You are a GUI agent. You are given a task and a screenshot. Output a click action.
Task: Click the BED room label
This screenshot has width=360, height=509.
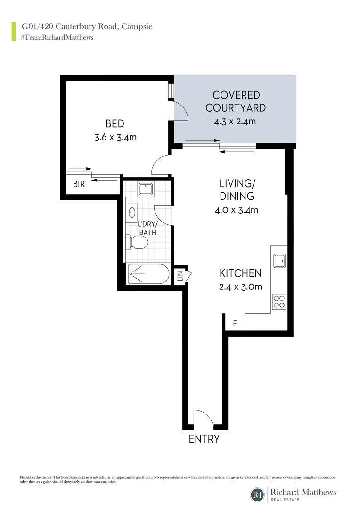tap(115, 124)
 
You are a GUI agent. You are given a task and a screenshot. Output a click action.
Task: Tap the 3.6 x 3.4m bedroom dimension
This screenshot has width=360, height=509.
tap(115, 138)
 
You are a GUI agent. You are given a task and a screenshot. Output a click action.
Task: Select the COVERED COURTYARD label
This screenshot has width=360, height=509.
tap(235, 101)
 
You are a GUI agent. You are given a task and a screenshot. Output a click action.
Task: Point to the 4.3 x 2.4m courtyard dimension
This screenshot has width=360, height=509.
tap(235, 122)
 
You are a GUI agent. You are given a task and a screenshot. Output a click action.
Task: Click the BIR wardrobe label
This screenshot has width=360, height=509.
tap(79, 184)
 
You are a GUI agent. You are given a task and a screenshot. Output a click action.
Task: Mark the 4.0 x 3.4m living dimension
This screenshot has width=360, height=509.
tap(236, 210)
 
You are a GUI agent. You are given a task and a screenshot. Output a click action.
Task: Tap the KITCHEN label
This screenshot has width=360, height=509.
tap(240, 273)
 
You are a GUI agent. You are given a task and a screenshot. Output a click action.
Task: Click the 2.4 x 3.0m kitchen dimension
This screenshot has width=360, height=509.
tap(240, 287)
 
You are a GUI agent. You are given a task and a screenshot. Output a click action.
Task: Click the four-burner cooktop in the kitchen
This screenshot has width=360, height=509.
tap(279, 301)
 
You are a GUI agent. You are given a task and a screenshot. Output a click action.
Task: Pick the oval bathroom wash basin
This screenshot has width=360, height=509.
tap(131, 213)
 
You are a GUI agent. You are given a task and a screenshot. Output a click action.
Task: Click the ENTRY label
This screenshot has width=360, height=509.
tap(204, 439)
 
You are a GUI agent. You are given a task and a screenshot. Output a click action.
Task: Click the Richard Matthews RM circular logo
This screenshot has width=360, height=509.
tap(257, 495)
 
